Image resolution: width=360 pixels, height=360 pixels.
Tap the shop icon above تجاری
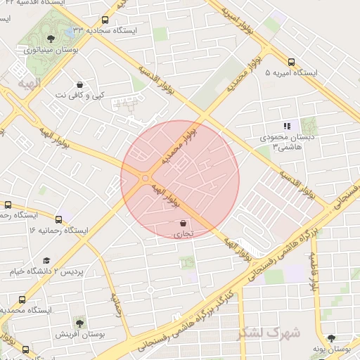[184, 223]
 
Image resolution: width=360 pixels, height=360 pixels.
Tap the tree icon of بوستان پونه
[331, 337]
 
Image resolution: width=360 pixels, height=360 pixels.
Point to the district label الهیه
[29, 84]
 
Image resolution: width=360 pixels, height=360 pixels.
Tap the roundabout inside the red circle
[145, 179]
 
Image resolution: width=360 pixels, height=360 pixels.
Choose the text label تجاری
[184, 235]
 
